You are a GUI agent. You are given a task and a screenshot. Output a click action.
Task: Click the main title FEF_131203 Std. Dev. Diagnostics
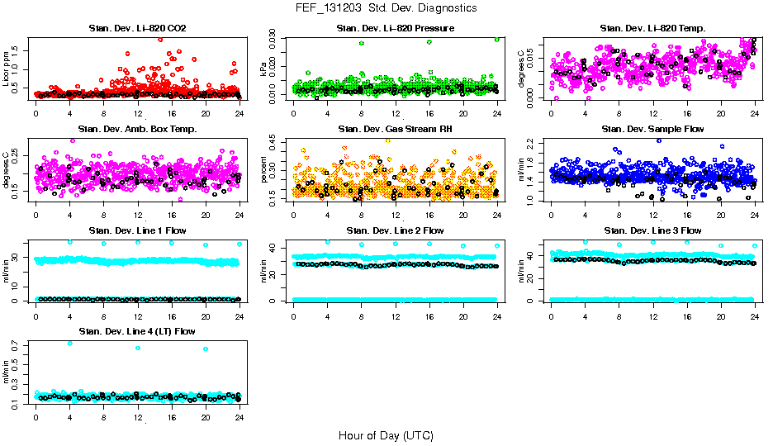386,7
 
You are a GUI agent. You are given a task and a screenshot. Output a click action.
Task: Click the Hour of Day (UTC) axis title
386,435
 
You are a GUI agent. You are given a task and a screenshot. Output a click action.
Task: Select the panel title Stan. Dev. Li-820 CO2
137,29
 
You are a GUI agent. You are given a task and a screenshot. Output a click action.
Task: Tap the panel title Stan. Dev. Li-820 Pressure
396,29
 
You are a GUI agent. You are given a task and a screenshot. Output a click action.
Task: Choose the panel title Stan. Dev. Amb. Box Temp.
137,129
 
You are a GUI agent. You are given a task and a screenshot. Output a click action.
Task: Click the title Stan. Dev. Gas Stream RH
396,129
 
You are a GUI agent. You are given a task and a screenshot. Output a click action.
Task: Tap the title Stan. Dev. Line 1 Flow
137,230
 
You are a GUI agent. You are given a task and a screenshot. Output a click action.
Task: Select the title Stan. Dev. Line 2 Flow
396,230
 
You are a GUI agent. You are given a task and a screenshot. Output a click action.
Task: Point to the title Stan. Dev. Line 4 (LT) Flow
137,331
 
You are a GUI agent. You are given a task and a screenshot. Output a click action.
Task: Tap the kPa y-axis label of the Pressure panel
264,69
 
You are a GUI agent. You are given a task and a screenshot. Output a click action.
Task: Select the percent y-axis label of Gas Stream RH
264,168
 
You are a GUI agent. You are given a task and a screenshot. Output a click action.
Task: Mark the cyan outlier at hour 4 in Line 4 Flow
69,343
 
